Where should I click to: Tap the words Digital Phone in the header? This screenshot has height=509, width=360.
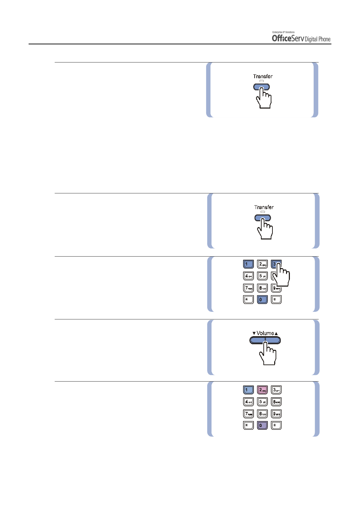[317, 39]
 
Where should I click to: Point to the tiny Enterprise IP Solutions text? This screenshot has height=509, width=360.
[283, 32]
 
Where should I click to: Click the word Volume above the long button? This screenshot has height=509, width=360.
[265, 333]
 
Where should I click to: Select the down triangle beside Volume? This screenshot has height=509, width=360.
[254, 333]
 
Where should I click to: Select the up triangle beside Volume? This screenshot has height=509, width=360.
[276, 333]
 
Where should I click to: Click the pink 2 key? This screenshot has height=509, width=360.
[262, 390]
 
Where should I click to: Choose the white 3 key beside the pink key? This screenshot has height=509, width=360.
[276, 390]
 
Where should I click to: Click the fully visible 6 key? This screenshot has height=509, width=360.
[276, 402]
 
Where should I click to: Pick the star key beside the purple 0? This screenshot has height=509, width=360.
[248, 426]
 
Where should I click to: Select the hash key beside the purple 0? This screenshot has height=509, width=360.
[276, 426]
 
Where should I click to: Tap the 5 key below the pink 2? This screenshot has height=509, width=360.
[262, 402]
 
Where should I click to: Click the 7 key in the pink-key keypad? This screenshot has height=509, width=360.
[248, 414]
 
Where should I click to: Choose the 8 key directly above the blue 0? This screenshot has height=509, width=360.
[262, 288]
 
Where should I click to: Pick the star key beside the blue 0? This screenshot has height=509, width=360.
[248, 300]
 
